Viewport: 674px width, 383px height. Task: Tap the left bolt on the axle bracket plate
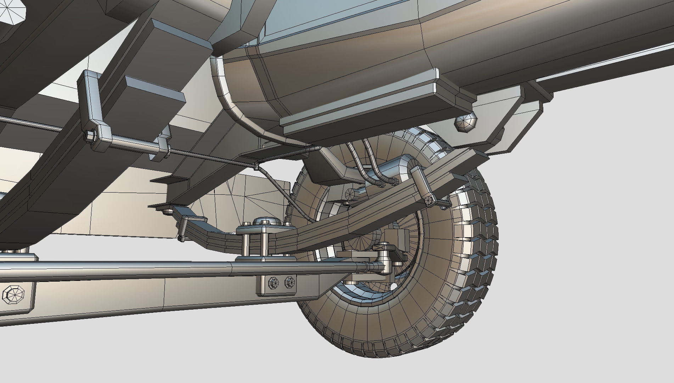(274, 282)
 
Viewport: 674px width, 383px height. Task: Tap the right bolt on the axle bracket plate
(290, 282)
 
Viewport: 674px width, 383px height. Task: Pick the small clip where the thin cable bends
(256, 166)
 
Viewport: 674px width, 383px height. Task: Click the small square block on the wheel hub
(397, 235)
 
